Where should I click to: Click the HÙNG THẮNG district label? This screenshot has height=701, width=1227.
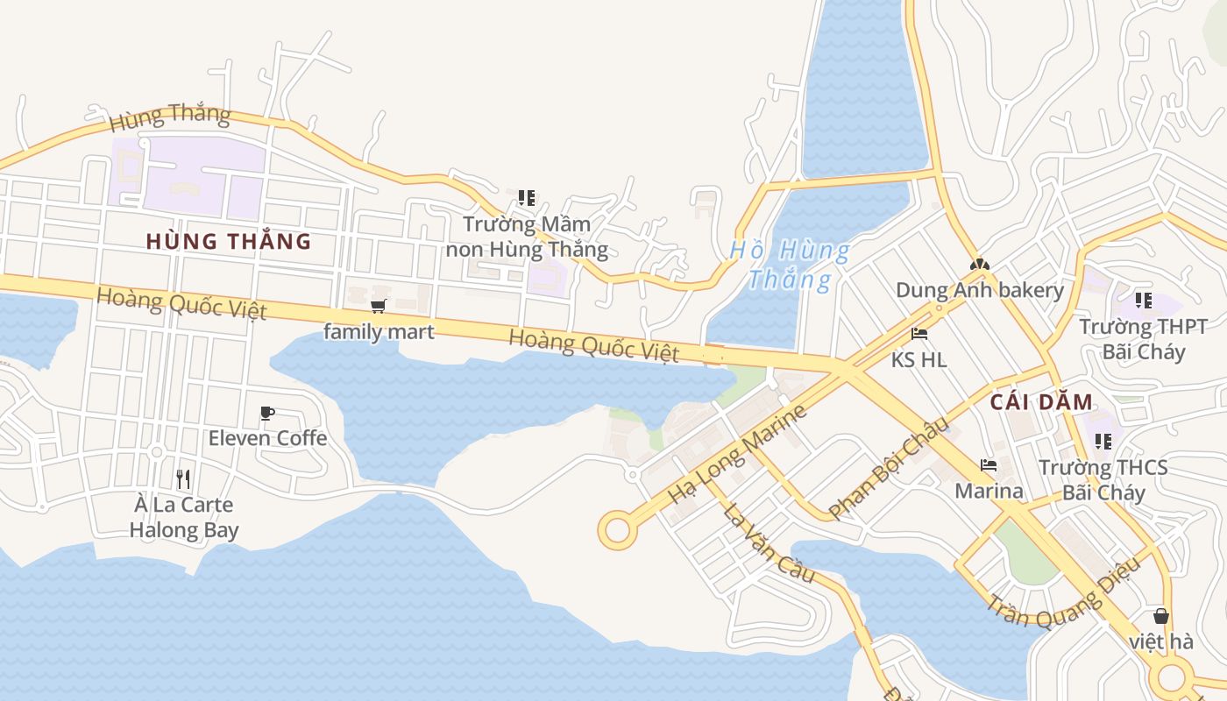coord(229,241)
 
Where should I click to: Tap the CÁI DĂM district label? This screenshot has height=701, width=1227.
coord(1042,402)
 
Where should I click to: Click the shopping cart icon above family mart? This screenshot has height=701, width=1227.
coord(379,306)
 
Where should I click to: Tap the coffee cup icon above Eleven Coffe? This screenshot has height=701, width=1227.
coord(267,413)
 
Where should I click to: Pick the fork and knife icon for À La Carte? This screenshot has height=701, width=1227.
coord(183,478)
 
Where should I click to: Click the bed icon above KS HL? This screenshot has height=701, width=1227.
coord(919,334)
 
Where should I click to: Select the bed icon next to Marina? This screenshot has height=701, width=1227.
coord(989,465)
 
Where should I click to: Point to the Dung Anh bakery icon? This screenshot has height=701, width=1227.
coord(979,264)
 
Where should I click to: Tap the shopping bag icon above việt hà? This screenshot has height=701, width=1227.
coord(1161,616)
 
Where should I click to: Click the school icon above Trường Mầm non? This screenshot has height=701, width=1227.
coord(526,198)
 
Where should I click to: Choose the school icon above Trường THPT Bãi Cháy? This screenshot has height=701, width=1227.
coord(1143,301)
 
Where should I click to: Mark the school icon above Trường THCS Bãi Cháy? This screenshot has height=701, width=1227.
coord(1103,441)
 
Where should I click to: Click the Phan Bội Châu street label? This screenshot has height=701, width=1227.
coord(889,468)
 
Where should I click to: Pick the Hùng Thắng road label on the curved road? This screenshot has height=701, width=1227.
coord(169,115)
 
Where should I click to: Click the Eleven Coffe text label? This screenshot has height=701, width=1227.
coord(267,437)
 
